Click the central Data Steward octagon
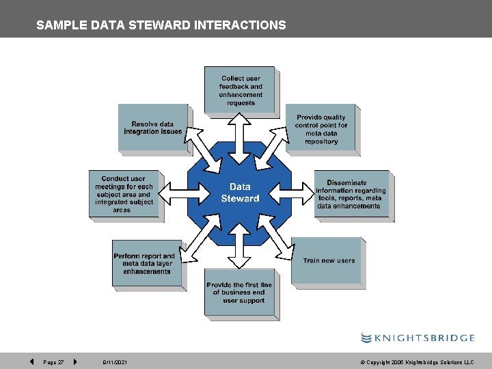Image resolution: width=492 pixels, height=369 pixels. (240, 193)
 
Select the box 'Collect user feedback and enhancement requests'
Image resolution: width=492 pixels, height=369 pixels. (240, 90)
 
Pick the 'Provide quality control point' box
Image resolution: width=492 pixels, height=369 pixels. (321, 128)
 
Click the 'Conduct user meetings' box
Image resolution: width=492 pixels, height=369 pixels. (124, 194)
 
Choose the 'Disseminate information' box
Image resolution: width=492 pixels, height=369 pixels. (351, 194)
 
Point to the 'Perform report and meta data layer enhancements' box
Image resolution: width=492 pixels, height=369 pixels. (147, 263)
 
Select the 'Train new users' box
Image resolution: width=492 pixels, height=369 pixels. (328, 260)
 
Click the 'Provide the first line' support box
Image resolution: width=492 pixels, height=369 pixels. (239, 292)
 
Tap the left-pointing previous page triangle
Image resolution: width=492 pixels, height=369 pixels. (31, 361)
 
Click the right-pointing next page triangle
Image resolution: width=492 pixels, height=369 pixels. (74, 361)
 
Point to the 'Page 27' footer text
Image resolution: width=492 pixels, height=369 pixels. (53, 362)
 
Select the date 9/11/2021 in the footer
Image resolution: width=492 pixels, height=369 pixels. (115, 362)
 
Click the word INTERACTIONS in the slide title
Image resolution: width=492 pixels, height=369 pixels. (240, 25)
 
